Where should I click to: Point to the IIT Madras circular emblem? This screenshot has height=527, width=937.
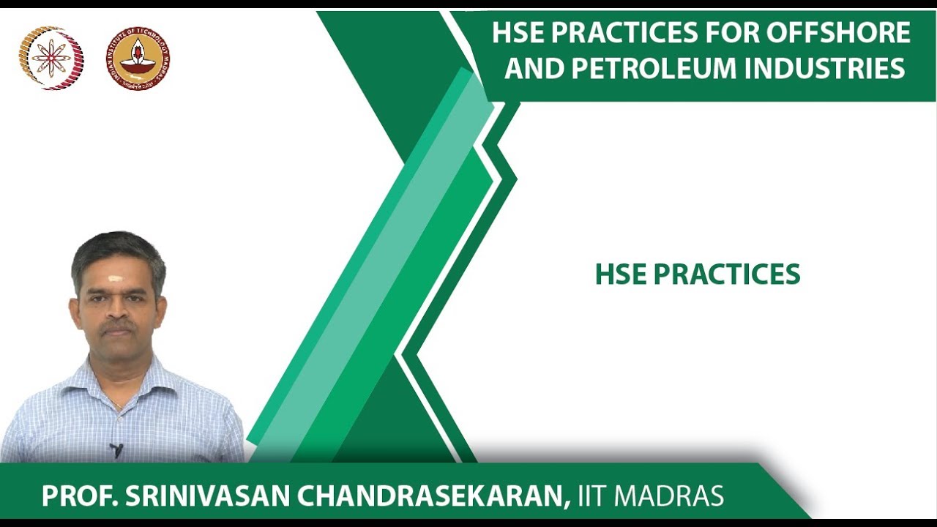pos(138,59)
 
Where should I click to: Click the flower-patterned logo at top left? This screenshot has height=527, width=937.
pos(51,59)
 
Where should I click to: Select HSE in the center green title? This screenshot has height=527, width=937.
pos(620,275)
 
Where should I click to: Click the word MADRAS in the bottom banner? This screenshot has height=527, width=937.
pos(669,496)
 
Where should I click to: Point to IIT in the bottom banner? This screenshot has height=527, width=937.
pos(592,496)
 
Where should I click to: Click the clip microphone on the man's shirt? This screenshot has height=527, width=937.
pos(116,449)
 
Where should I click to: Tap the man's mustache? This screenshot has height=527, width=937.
pos(118,324)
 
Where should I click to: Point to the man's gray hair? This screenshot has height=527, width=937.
pos(117,249)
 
